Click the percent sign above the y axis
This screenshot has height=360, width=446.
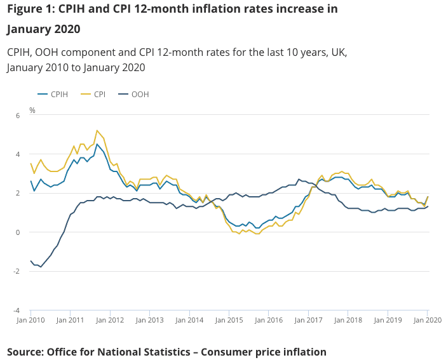[32, 110]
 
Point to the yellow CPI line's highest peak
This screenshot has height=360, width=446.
[97, 130]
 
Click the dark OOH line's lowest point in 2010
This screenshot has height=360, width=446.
[41, 267]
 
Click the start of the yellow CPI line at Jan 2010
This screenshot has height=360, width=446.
[30, 164]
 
